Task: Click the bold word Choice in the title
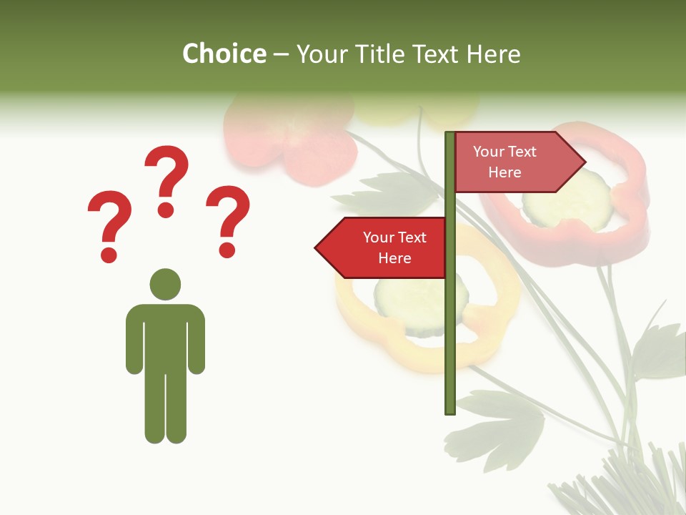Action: (224, 54)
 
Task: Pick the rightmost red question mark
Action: (228, 220)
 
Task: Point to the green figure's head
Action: (165, 284)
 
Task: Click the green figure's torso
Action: (165, 336)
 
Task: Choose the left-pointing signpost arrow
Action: (382, 247)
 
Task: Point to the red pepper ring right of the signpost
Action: (629, 215)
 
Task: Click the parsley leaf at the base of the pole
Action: (500, 422)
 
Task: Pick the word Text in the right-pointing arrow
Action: (521, 152)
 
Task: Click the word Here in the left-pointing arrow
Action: (394, 258)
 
